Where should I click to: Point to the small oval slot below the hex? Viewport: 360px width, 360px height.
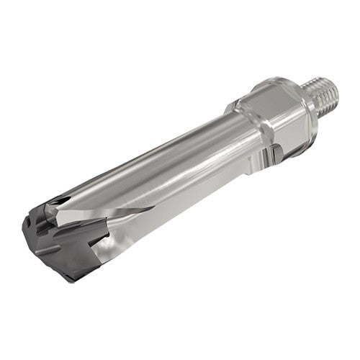coord(277,153)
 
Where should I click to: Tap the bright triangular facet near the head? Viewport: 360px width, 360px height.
coord(108,212)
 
